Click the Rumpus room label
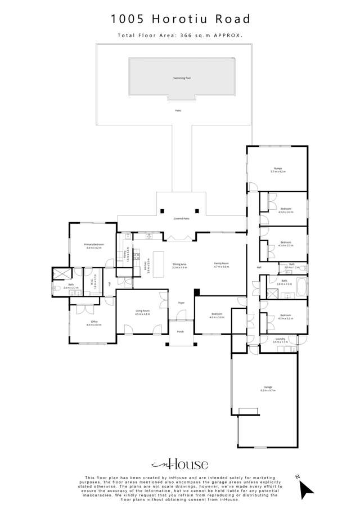pos(278,169)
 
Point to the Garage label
pos(267,388)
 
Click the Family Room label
pos(221,264)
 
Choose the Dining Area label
pos(179,264)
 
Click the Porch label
pos(181,332)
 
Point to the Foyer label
pos(181,303)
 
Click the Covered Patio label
pos(181,218)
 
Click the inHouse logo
pos(180,464)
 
